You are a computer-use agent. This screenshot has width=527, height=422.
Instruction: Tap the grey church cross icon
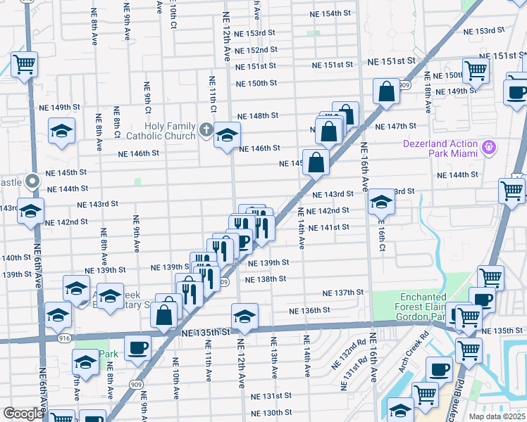click(206, 129)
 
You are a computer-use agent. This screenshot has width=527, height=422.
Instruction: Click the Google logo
click(23, 414)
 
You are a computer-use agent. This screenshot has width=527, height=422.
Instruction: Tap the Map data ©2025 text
click(497, 416)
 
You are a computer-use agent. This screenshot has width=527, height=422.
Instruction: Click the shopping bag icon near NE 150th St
click(387, 91)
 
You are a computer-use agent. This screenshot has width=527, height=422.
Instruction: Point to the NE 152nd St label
click(256, 50)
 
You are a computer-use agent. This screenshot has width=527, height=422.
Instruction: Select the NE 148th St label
click(258, 115)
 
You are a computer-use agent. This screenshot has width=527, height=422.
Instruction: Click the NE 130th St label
click(273, 412)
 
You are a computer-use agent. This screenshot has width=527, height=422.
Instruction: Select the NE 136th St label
click(309, 309)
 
